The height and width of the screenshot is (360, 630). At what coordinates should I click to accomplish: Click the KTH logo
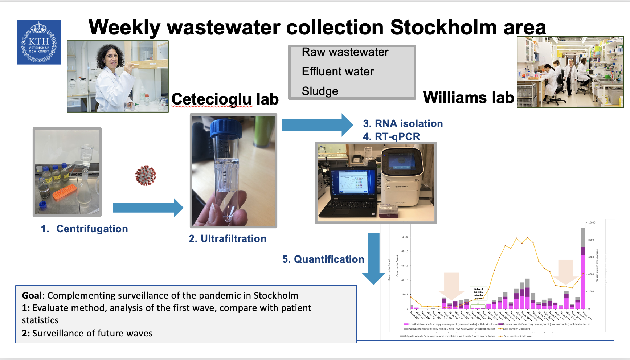click(x=39, y=42)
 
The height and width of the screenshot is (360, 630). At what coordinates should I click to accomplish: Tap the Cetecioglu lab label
click(x=225, y=99)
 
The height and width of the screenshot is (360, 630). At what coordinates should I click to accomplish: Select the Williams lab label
click(x=468, y=97)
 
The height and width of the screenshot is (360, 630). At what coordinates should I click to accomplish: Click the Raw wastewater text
click(x=345, y=52)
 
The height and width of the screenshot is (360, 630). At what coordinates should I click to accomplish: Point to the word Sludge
click(x=320, y=91)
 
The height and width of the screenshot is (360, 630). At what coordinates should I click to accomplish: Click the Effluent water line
click(x=337, y=71)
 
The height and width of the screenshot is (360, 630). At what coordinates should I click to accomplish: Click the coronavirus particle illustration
click(x=146, y=176)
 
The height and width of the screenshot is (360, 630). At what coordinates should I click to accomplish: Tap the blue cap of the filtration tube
click(x=226, y=128)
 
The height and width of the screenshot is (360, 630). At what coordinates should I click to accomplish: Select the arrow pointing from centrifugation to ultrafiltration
click(x=148, y=208)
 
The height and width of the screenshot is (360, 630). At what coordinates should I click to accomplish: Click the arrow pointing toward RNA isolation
click(x=317, y=125)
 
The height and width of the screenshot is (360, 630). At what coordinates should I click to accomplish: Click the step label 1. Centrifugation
click(x=85, y=229)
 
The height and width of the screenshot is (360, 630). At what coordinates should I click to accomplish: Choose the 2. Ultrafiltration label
click(x=228, y=238)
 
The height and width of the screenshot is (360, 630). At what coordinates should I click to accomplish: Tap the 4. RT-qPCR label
click(x=392, y=136)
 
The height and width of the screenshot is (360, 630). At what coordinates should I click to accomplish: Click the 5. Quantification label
click(x=323, y=259)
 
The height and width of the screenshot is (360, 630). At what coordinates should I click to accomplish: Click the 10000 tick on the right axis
click(x=592, y=222)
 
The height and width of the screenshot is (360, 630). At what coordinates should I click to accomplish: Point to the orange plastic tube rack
click(x=64, y=192)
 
